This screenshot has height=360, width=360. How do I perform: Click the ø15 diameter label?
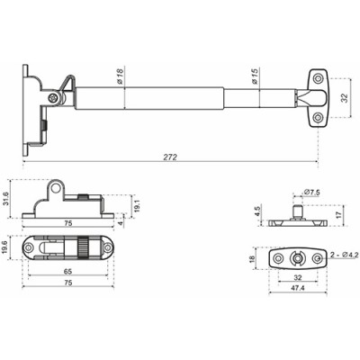pos(256,77)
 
